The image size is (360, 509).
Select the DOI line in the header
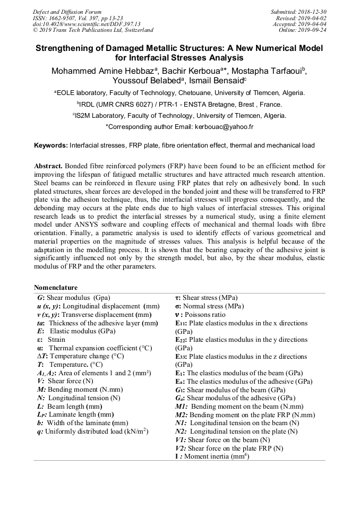(87, 24)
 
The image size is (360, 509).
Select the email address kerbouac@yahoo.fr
(222, 127)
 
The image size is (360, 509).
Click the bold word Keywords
(50, 145)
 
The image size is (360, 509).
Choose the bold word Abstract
(49, 166)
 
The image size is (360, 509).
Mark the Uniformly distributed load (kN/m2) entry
(89, 432)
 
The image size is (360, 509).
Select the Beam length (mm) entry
(66, 407)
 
